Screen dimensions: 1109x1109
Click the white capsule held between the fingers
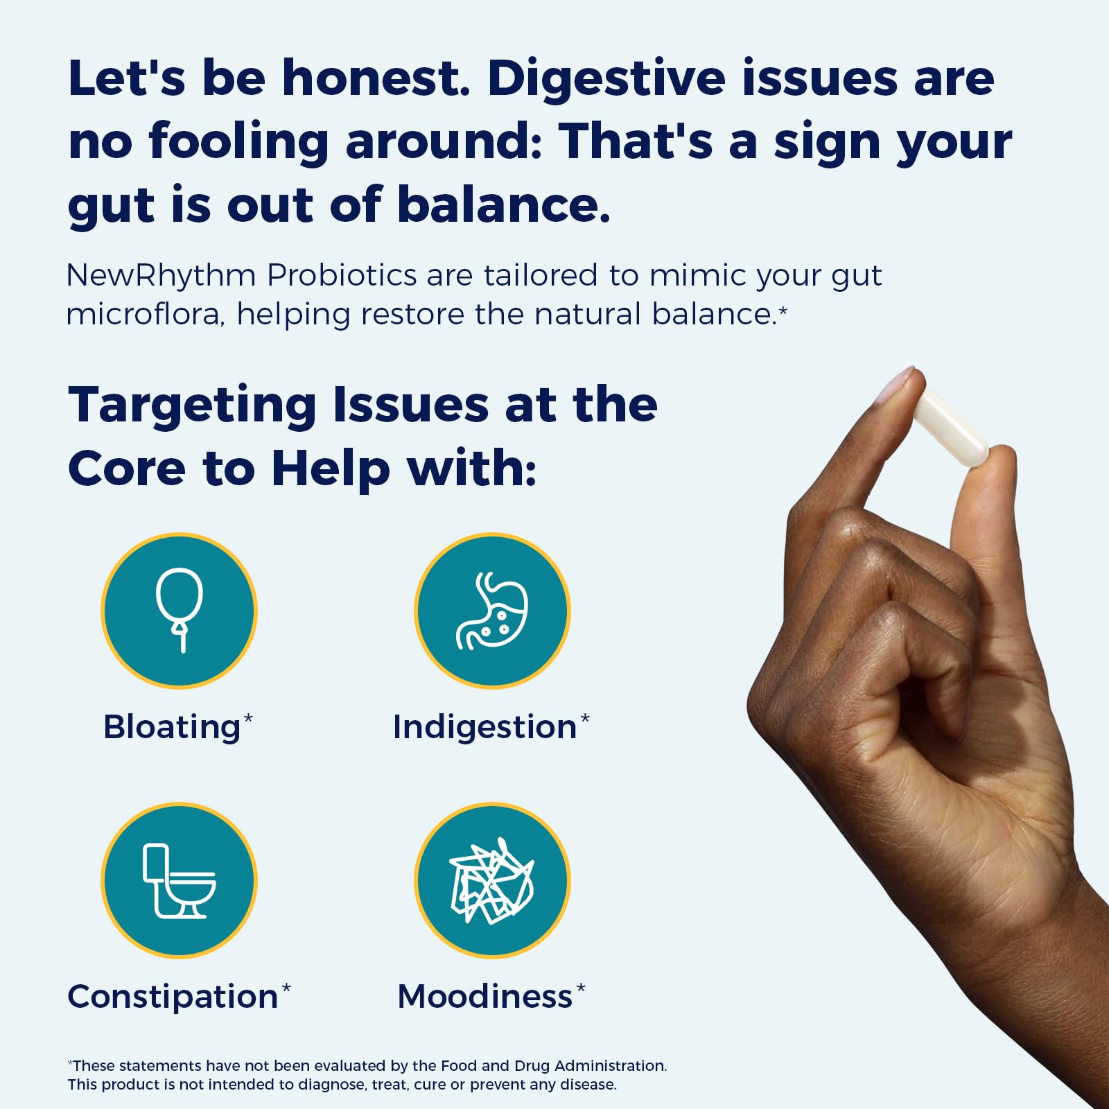click(x=949, y=426)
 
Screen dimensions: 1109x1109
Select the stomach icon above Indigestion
click(x=492, y=611)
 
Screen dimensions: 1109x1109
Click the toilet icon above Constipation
click(x=179, y=881)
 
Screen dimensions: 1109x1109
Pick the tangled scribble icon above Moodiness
click(x=492, y=881)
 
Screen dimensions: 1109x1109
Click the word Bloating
click(x=172, y=727)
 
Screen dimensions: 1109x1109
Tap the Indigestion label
click(x=484, y=728)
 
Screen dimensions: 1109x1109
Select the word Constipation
click(x=173, y=997)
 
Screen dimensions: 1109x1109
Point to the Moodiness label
click(x=485, y=997)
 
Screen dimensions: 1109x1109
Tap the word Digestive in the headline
click(x=606, y=78)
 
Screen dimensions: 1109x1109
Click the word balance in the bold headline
click(x=504, y=204)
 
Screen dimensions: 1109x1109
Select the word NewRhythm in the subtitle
click(x=161, y=276)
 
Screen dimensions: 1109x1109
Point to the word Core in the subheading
click(x=127, y=469)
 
